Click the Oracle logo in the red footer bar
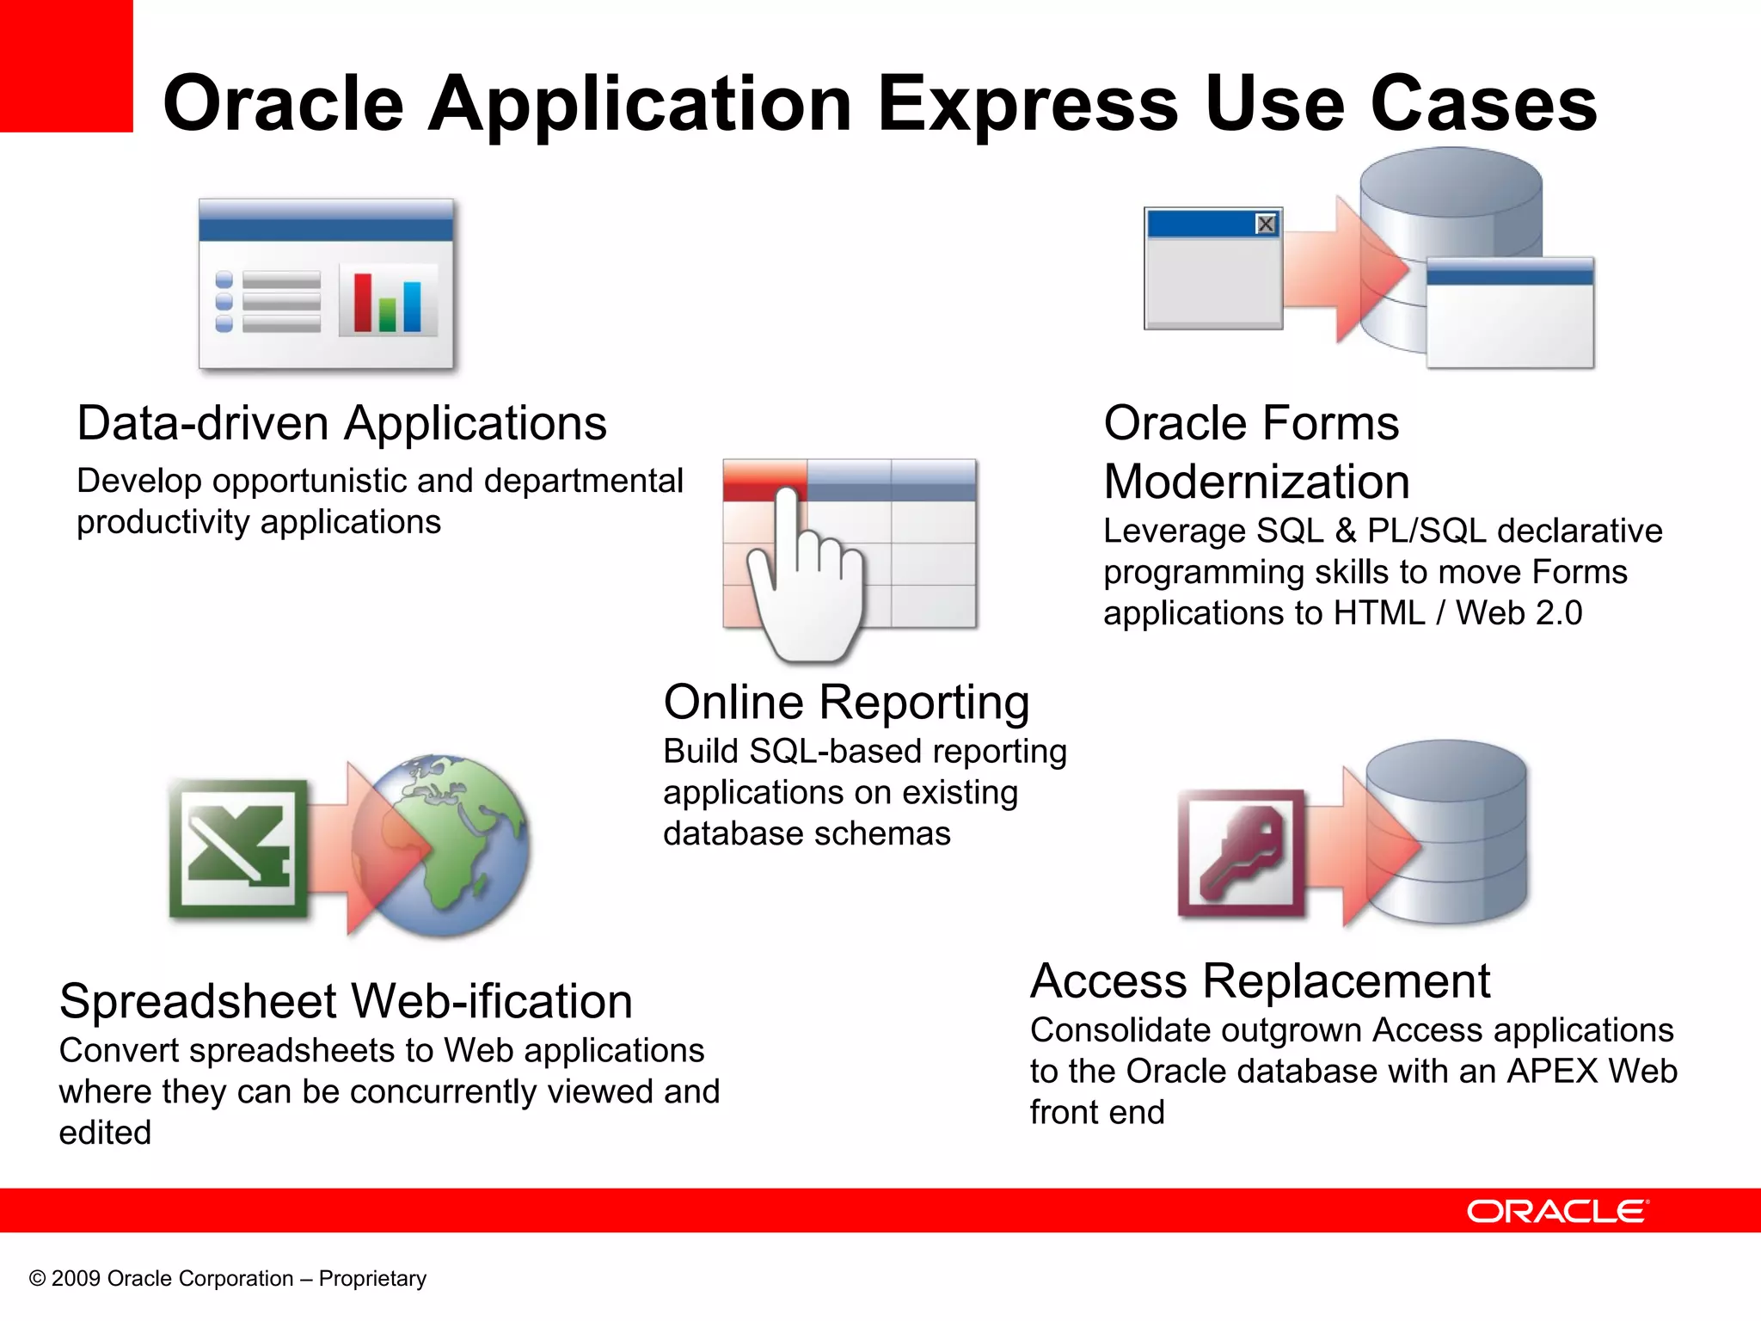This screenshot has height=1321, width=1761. point(1557,1211)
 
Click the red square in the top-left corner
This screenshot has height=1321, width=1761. point(65,65)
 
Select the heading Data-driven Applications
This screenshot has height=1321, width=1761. point(341,423)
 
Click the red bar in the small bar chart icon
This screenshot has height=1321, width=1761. point(363,302)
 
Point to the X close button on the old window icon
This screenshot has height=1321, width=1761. point(1265,224)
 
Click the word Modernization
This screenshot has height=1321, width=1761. point(1256,482)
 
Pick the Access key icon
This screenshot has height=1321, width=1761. point(1241,853)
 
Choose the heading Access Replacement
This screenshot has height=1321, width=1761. point(1260,980)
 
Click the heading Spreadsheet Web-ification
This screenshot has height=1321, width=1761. point(346,1001)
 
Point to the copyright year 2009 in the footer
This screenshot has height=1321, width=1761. point(76,1279)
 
